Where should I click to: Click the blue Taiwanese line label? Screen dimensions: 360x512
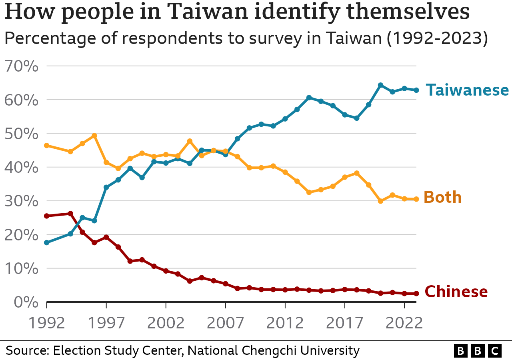pyautogui.click(x=467, y=90)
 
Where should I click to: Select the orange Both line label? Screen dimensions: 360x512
pyautogui.click(x=442, y=198)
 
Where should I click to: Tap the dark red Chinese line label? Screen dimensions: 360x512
pyautogui.click(x=456, y=292)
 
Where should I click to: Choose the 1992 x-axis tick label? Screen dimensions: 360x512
pyautogui.click(x=46, y=323)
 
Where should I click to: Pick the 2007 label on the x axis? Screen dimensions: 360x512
pyautogui.click(x=226, y=323)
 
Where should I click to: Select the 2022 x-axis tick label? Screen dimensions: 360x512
pyautogui.click(x=404, y=323)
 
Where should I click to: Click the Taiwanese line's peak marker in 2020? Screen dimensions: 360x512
pyautogui.click(x=380, y=85)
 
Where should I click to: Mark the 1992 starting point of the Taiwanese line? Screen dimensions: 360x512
pyautogui.click(x=46, y=243)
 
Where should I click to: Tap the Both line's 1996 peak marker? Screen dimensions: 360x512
pyautogui.click(x=94, y=136)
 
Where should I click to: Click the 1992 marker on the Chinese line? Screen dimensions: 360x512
pyautogui.click(x=46, y=216)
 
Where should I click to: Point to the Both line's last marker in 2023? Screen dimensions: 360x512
pyautogui.click(x=416, y=199)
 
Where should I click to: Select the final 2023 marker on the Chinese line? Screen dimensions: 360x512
pyautogui.click(x=416, y=294)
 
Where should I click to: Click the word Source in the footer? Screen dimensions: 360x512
pyautogui.click(x=27, y=351)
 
